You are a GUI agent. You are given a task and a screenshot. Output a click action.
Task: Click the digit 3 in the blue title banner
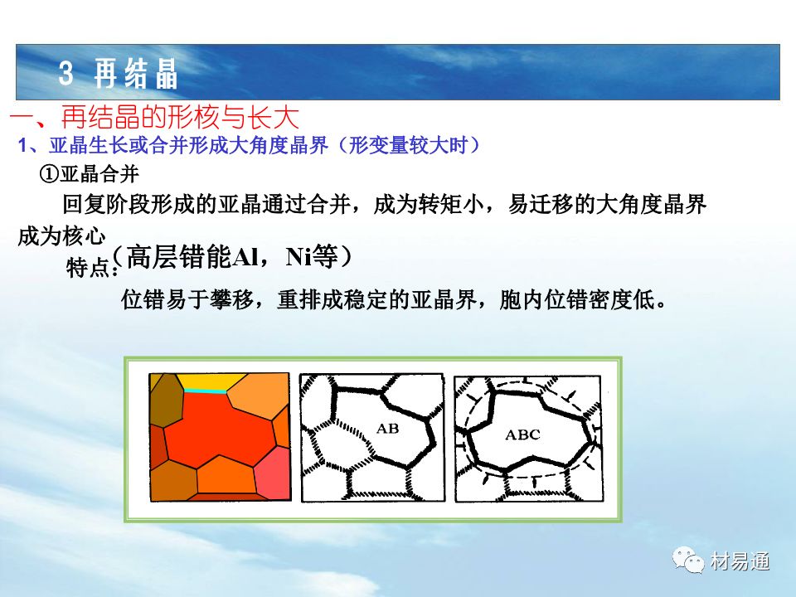click(66, 73)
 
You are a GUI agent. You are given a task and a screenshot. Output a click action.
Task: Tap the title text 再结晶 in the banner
click(135, 73)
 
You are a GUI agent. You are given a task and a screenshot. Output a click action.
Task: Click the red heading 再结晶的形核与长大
click(180, 117)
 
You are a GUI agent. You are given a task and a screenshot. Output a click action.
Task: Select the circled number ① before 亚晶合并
click(49, 174)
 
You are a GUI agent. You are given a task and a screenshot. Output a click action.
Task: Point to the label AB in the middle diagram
click(387, 429)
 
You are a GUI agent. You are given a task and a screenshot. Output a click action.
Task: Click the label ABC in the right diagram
click(522, 434)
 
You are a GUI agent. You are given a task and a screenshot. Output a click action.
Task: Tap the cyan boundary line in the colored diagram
click(205, 391)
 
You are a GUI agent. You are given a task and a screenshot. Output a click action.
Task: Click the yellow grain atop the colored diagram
click(211, 381)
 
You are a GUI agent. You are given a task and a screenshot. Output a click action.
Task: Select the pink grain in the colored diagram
click(273, 473)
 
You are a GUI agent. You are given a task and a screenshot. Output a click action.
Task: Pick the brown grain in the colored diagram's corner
click(166, 401)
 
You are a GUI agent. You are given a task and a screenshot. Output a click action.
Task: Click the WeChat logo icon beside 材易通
click(688, 560)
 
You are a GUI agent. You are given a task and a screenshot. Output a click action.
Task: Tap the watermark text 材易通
click(740, 561)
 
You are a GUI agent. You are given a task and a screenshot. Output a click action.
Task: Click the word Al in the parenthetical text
click(245, 257)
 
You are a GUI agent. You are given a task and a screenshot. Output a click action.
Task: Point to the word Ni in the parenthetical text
click(298, 257)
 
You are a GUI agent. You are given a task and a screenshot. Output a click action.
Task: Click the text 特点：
click(92, 267)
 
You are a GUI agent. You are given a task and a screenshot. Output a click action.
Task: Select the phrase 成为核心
click(61, 236)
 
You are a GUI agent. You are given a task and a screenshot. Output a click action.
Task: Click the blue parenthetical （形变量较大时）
click(409, 146)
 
